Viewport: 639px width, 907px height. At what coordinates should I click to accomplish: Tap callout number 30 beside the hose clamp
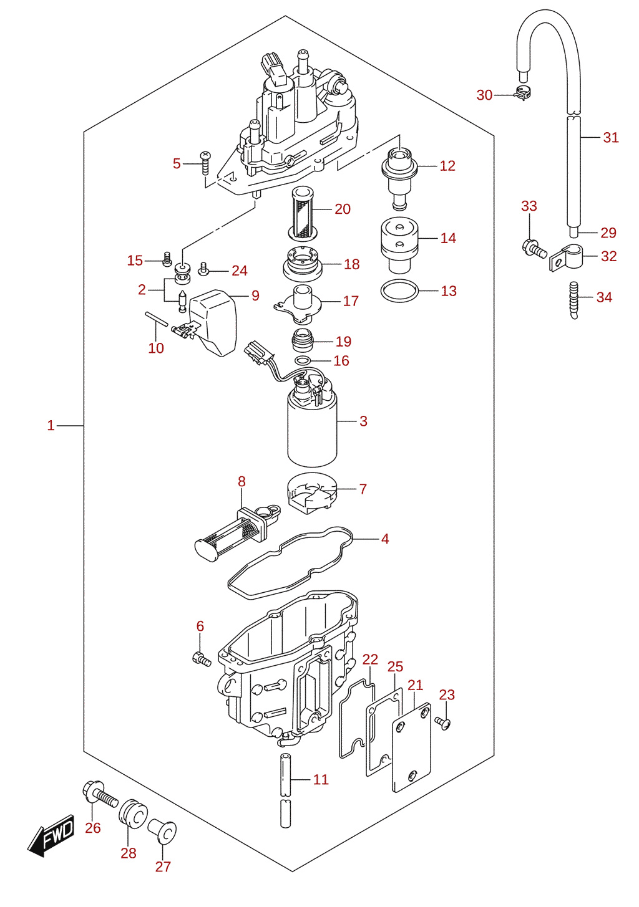click(x=484, y=95)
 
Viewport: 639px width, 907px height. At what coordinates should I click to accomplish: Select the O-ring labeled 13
click(x=399, y=290)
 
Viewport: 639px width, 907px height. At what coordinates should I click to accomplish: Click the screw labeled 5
click(x=205, y=163)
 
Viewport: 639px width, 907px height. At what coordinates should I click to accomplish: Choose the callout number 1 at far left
click(x=51, y=426)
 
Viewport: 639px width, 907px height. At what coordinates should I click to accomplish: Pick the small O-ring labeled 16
click(x=303, y=360)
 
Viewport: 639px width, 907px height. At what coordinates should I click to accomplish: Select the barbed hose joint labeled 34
click(x=573, y=300)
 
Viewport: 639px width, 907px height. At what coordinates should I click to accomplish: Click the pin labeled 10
click(x=155, y=319)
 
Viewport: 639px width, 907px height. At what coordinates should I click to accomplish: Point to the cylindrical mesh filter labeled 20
click(x=303, y=213)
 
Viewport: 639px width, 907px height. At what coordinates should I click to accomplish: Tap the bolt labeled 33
click(x=534, y=248)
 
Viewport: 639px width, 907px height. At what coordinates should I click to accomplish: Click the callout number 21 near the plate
click(x=415, y=685)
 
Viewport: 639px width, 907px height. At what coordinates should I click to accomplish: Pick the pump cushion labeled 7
click(x=312, y=493)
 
